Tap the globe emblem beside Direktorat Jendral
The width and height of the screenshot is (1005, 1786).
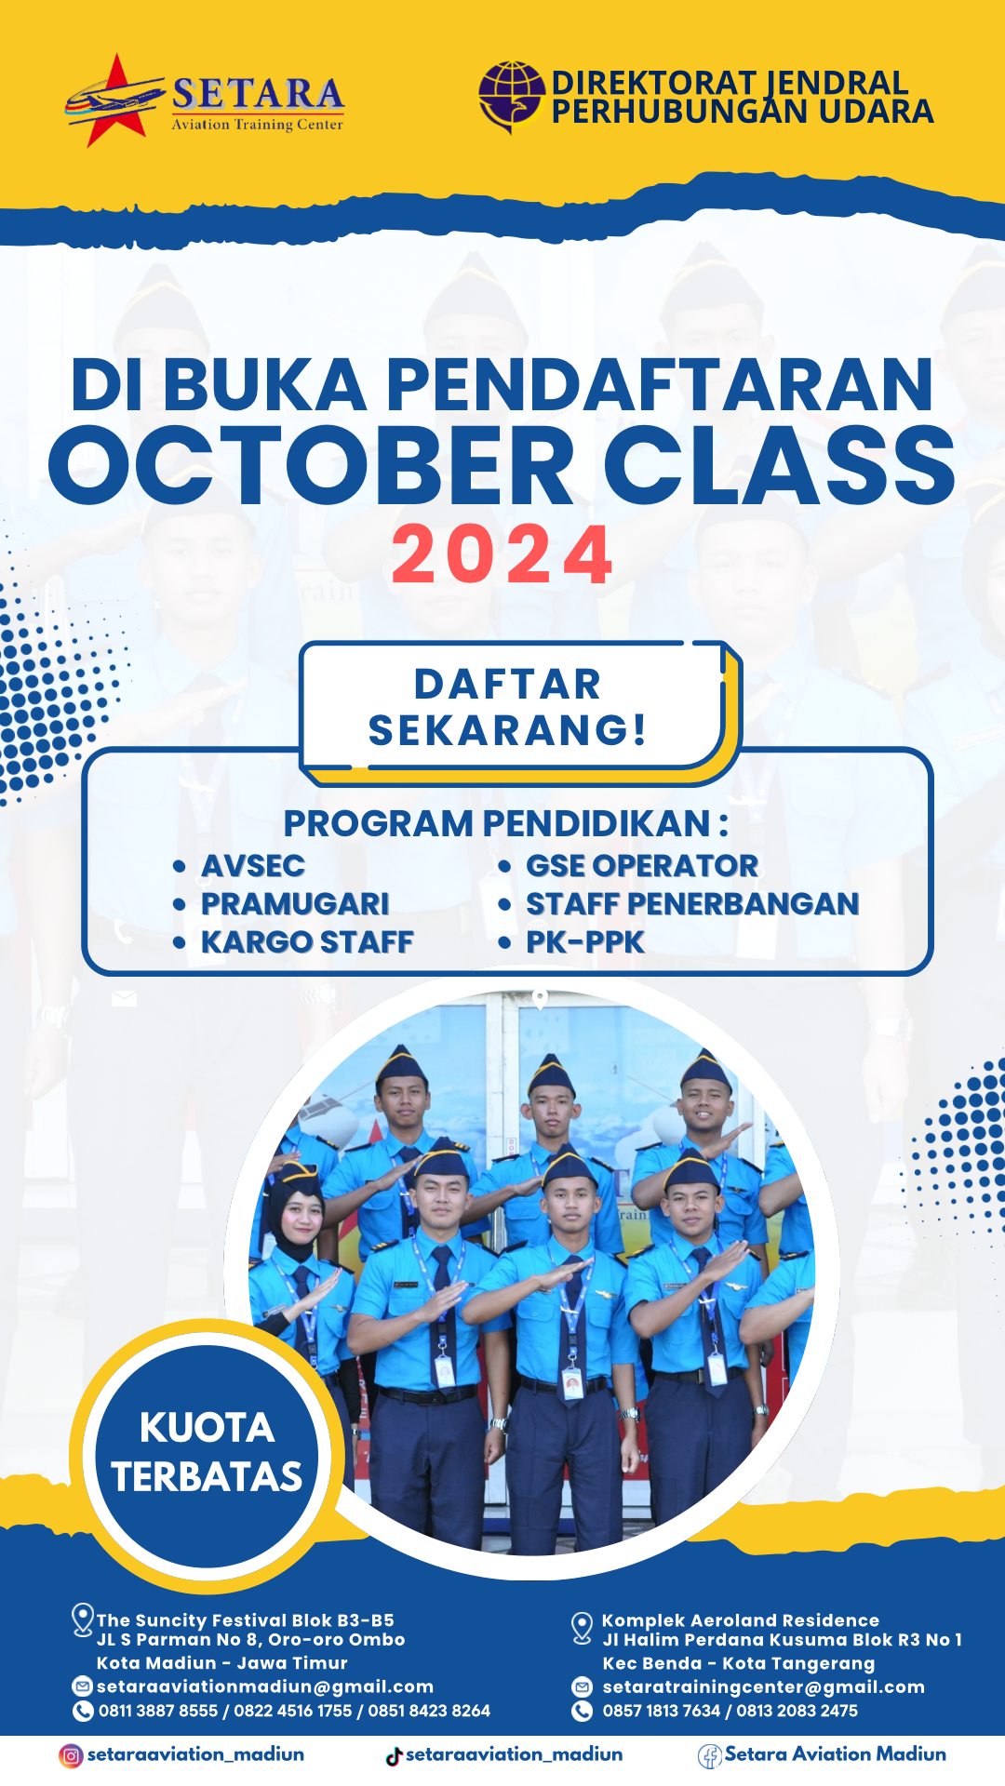pos(512,96)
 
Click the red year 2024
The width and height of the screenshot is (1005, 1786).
pos(502,555)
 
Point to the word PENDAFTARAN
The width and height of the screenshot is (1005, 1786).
pos(659,384)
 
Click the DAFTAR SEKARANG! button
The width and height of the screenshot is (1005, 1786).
pos(510,707)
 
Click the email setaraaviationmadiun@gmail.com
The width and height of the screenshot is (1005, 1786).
pos(265,1686)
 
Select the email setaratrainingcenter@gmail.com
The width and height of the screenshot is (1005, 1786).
pos(764,1686)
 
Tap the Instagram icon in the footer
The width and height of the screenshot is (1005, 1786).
pos(71,1755)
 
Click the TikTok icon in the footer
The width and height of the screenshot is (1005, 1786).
pos(394,1755)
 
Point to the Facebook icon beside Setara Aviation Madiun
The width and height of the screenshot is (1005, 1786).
pos(710,1756)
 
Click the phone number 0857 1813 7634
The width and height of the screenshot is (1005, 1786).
pos(662,1711)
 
